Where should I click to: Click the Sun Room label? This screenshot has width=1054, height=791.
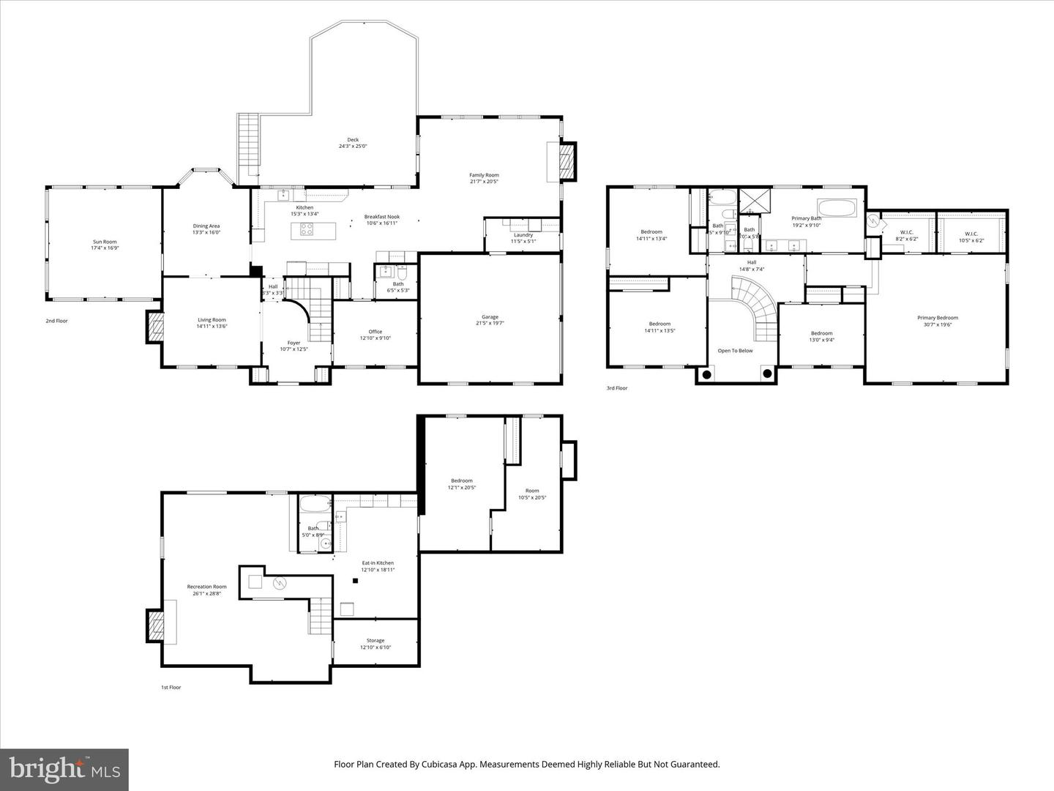click(x=104, y=242)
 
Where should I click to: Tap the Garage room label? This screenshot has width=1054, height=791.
click(x=490, y=317)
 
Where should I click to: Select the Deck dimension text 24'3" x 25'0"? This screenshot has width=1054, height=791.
click(x=353, y=146)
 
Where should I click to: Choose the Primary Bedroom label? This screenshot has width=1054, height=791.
click(x=938, y=318)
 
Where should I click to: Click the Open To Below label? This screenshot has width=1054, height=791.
click(x=735, y=351)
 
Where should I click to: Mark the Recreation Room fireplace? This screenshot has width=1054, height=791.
click(x=155, y=626)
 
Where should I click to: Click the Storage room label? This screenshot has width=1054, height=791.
click(x=375, y=641)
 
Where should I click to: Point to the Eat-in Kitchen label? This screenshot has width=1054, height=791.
click(x=378, y=563)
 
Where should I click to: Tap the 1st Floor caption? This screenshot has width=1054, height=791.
click(x=171, y=688)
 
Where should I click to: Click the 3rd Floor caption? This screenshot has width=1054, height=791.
click(x=616, y=388)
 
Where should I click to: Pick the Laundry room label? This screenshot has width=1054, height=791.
click(x=523, y=235)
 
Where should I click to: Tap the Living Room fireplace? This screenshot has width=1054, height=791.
click(x=154, y=327)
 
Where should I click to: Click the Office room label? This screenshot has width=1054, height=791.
click(x=375, y=332)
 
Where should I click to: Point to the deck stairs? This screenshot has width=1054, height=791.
click(x=248, y=145)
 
